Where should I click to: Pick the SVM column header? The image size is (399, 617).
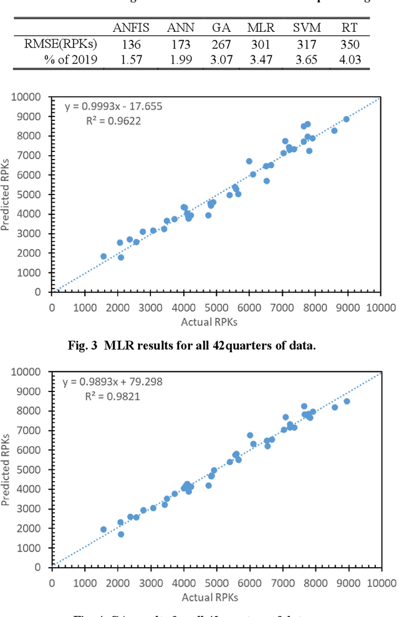click(x=306, y=27)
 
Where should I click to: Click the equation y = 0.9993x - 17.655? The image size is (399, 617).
click(x=113, y=106)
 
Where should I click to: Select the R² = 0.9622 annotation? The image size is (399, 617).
click(x=113, y=120)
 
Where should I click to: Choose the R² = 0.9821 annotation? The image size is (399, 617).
click(x=113, y=396)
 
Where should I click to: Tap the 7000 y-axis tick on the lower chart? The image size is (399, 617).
click(x=34, y=431)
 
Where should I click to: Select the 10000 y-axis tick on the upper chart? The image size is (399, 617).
click(x=31, y=97)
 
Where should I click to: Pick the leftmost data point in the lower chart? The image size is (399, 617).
click(x=103, y=529)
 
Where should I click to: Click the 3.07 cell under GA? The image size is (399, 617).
click(x=221, y=60)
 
